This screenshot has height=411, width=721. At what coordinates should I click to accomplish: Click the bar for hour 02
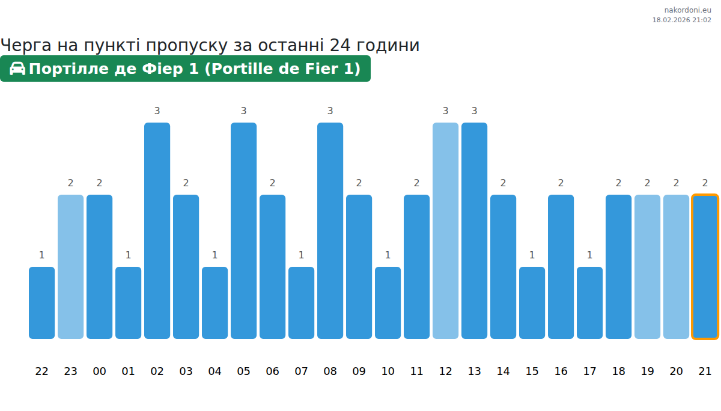pyautogui.click(x=157, y=231)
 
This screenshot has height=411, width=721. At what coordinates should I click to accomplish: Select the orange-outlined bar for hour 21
pyautogui.click(x=705, y=267)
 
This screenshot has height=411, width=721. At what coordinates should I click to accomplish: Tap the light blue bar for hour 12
pyautogui.click(x=445, y=231)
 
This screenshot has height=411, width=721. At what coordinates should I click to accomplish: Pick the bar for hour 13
pyautogui.click(x=474, y=231)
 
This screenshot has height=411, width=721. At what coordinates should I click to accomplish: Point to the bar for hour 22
pyautogui.click(x=41, y=303)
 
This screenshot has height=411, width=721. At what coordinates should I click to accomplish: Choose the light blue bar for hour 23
pyautogui.click(x=70, y=267)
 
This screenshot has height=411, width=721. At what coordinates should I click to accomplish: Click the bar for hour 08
pyautogui.click(x=330, y=231)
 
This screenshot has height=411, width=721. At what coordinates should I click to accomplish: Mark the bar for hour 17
pyautogui.click(x=589, y=303)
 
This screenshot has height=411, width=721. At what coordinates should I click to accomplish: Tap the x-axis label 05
pyautogui.click(x=243, y=371)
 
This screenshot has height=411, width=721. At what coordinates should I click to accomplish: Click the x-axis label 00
pyautogui.click(x=99, y=371)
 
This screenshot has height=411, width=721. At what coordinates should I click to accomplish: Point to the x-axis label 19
pyautogui.click(x=647, y=371)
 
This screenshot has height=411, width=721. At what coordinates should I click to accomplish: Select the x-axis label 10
pyautogui.click(x=388, y=371)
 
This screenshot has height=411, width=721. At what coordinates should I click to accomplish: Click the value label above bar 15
pyautogui.click(x=532, y=255)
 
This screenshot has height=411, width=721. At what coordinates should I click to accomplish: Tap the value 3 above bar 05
pyautogui.click(x=243, y=111)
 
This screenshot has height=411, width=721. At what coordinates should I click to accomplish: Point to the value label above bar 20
pyautogui.click(x=676, y=183)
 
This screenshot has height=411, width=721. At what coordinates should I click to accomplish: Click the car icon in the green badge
pyautogui.click(x=17, y=68)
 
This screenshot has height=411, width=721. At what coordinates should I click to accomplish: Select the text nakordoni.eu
pyautogui.click(x=687, y=10)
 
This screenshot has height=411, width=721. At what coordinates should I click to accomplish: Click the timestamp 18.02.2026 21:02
pyautogui.click(x=681, y=20)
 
